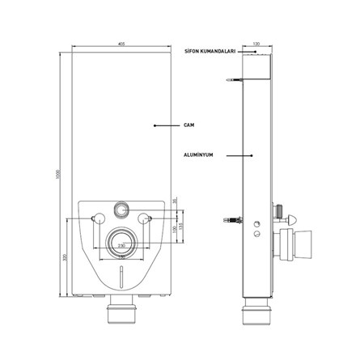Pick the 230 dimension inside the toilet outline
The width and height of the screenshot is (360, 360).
tap(121, 243)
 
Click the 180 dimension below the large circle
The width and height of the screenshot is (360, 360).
tap(121, 257)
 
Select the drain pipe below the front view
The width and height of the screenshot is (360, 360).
tap(121, 312)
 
